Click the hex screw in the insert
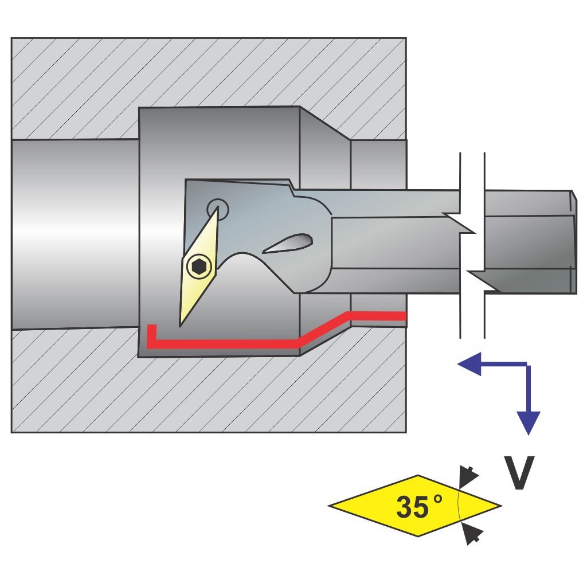click(x=199, y=266)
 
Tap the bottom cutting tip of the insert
click(x=181, y=324)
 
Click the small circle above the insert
click(x=217, y=208)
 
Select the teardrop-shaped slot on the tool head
click(x=288, y=243)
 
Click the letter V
click(x=519, y=473)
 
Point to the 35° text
click(x=419, y=507)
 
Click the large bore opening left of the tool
click(x=75, y=234)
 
